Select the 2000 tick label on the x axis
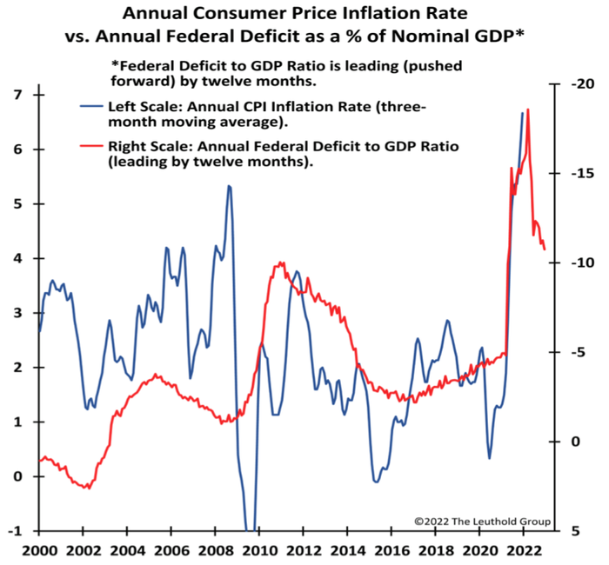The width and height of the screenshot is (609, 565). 41,550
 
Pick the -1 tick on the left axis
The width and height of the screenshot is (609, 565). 13,530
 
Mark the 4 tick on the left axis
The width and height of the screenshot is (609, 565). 16,258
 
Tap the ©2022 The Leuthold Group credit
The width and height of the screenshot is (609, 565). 481,521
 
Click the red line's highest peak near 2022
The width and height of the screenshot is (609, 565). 528,109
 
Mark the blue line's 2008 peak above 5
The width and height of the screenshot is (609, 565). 229,185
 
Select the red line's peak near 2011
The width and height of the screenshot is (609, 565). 280,262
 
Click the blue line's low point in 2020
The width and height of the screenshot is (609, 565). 490,458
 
